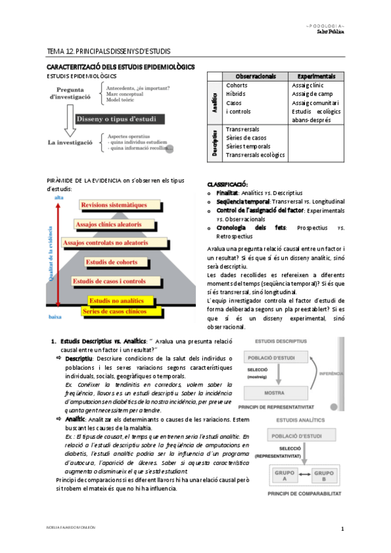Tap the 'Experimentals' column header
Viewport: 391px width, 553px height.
coord(315,76)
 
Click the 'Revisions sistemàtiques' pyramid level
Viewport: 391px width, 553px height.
coord(114,205)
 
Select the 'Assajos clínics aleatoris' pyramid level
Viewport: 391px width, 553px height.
coord(108,224)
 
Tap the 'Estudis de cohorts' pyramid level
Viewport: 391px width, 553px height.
coord(112,262)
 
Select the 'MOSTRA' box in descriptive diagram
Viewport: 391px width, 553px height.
coord(273,393)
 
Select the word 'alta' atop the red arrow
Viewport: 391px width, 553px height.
coord(59,198)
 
